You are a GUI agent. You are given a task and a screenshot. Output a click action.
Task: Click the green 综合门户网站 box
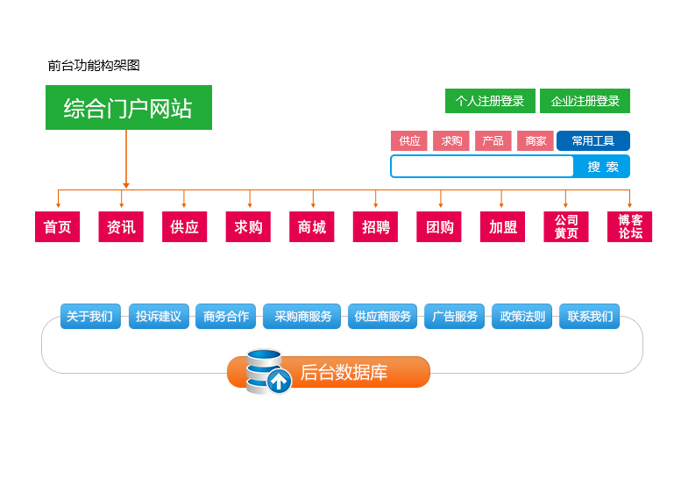(128, 107)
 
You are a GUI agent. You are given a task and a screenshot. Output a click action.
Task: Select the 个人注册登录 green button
(489, 101)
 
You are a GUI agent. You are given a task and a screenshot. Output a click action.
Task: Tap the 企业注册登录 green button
(585, 101)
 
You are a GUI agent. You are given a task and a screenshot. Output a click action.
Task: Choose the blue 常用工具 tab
(592, 140)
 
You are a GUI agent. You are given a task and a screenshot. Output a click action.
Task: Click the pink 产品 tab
(493, 140)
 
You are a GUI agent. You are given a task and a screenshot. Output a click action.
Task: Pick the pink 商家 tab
(535, 140)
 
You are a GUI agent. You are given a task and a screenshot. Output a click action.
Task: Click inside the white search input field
(482, 166)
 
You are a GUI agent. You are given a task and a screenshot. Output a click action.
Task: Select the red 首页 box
(58, 227)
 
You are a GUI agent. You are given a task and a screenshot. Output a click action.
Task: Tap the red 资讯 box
(121, 227)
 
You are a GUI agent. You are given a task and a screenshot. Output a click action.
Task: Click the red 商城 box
(311, 227)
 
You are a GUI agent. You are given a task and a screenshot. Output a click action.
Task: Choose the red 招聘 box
(375, 227)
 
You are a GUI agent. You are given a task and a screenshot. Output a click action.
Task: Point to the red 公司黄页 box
(566, 227)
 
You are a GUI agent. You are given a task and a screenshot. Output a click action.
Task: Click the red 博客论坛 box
(629, 227)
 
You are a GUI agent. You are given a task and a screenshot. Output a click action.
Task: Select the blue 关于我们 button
(89, 317)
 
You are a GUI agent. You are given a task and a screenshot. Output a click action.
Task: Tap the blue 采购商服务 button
(302, 317)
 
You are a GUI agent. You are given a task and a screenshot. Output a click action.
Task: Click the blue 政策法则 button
(521, 317)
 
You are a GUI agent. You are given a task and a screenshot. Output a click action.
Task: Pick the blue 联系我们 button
(589, 317)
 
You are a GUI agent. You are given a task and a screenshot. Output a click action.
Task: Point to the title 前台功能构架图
(94, 65)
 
